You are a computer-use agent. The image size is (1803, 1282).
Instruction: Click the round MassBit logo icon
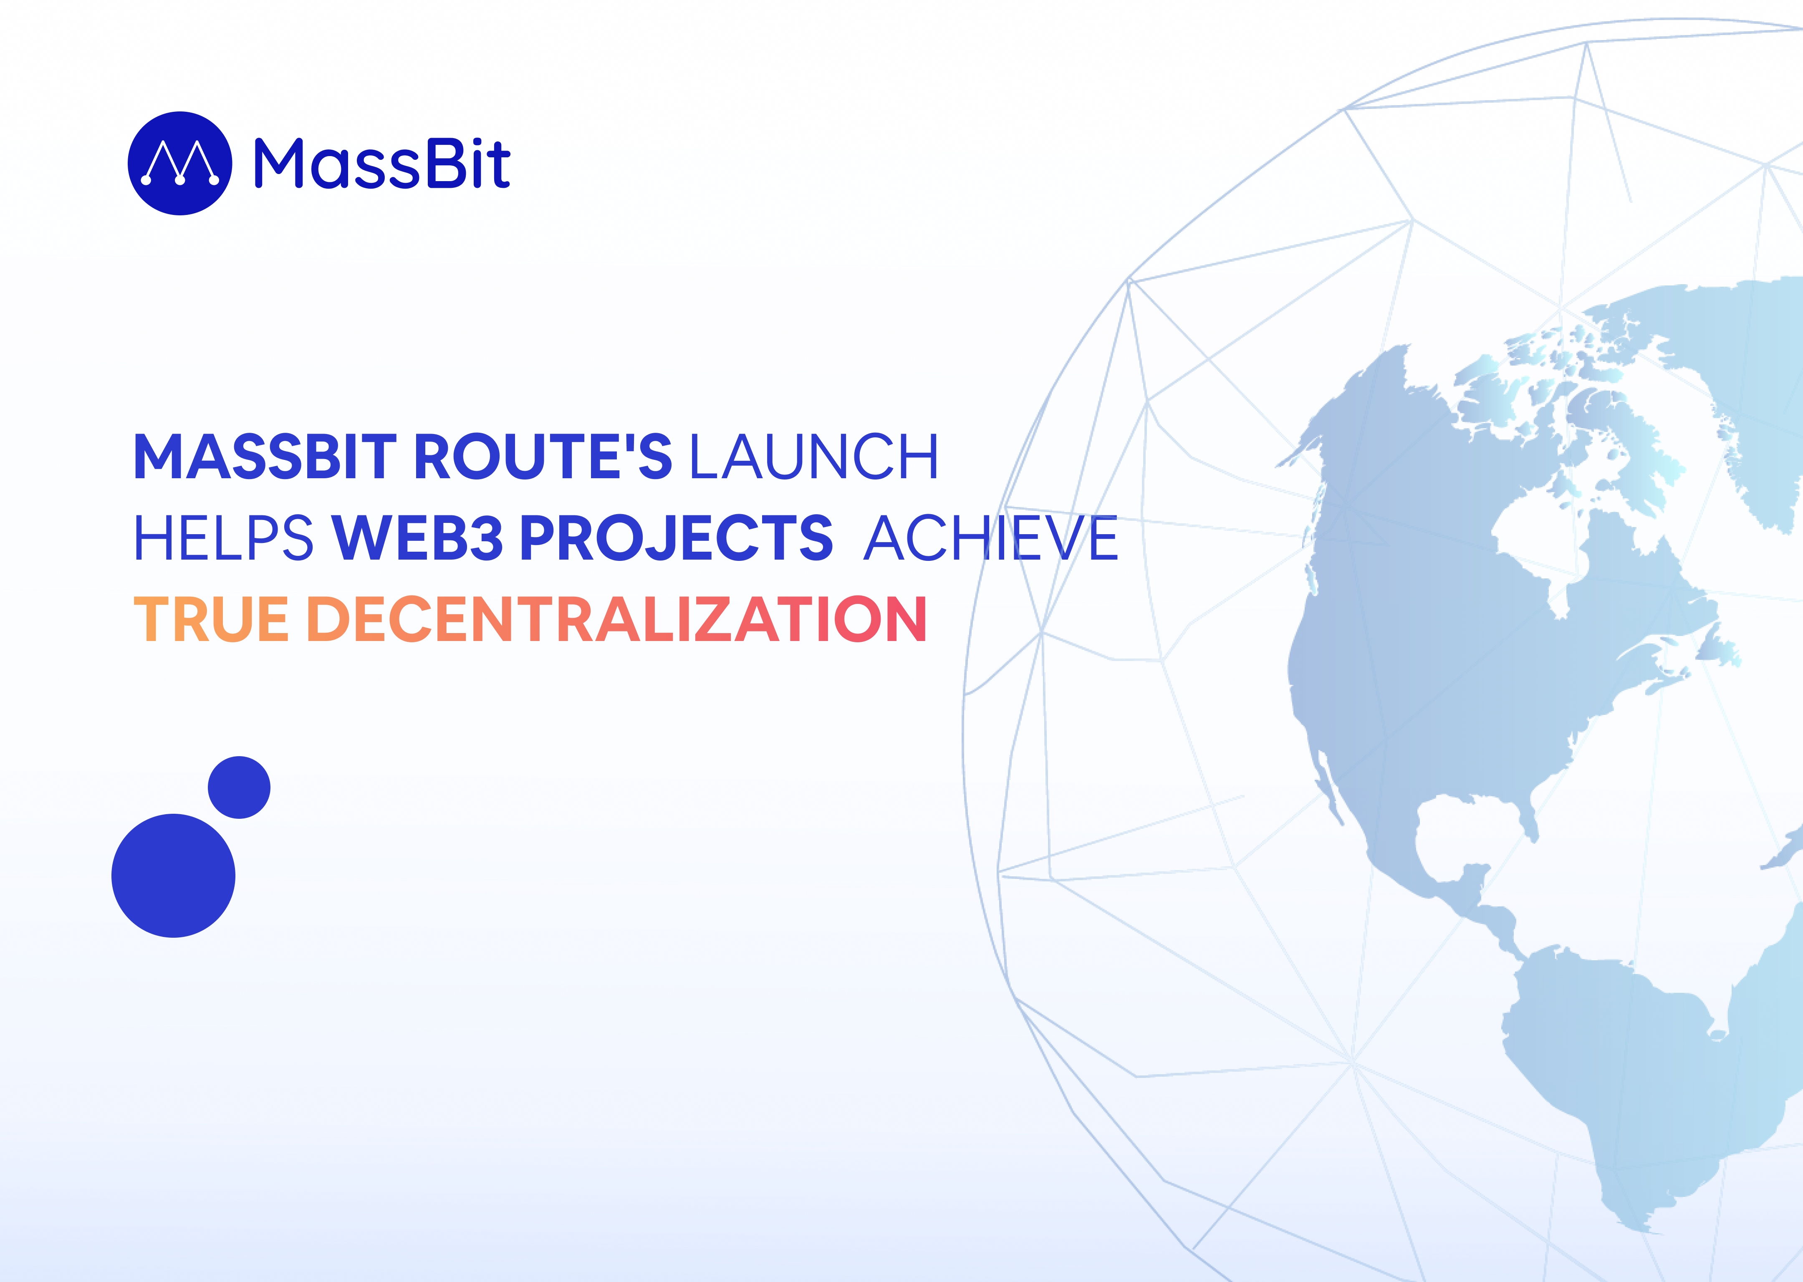180,164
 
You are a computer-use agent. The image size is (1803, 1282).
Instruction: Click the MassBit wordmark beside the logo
382,164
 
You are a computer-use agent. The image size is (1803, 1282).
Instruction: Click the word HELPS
223,538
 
